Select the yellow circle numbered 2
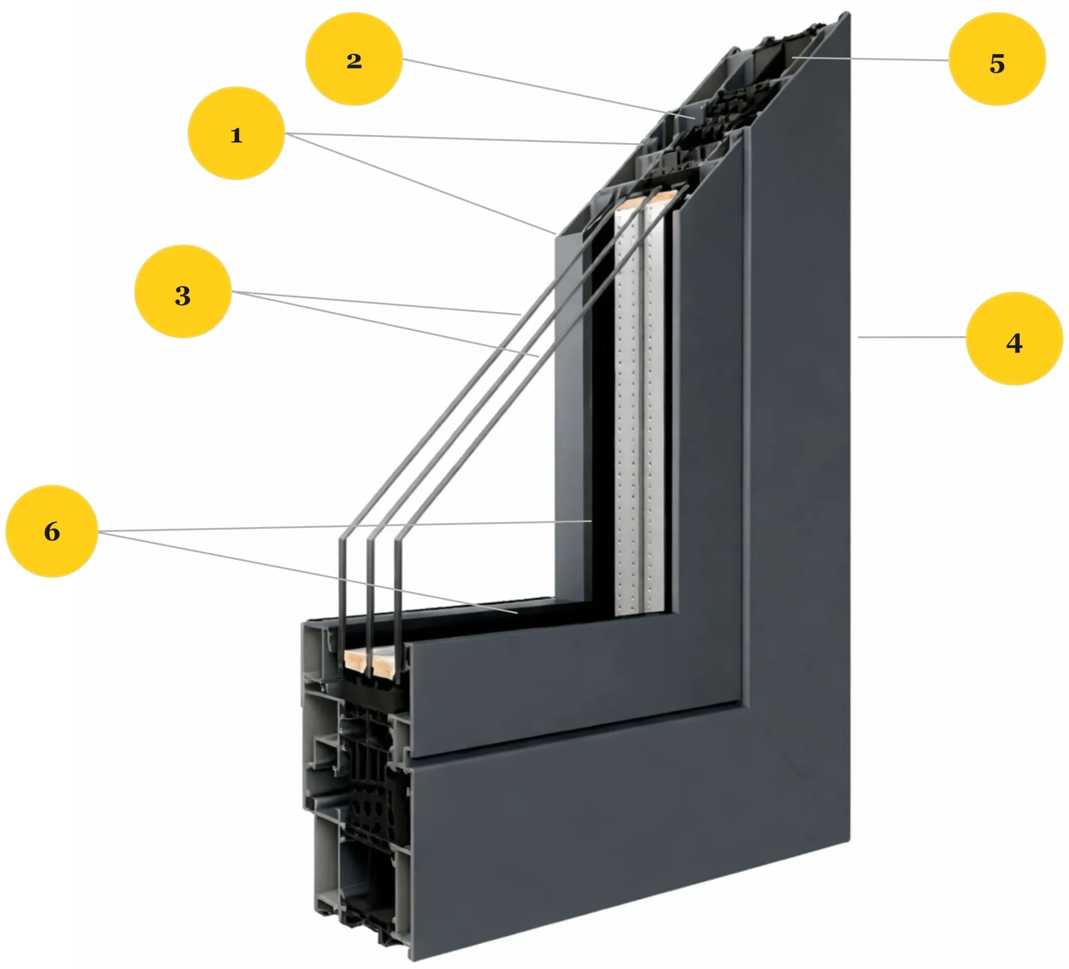[x=354, y=59]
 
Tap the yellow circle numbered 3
[x=183, y=291]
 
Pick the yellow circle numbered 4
[x=1014, y=339]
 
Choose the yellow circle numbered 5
[x=997, y=59]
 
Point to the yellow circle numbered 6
[x=52, y=531]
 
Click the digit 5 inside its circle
[x=997, y=63]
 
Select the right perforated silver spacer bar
[x=655, y=413]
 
